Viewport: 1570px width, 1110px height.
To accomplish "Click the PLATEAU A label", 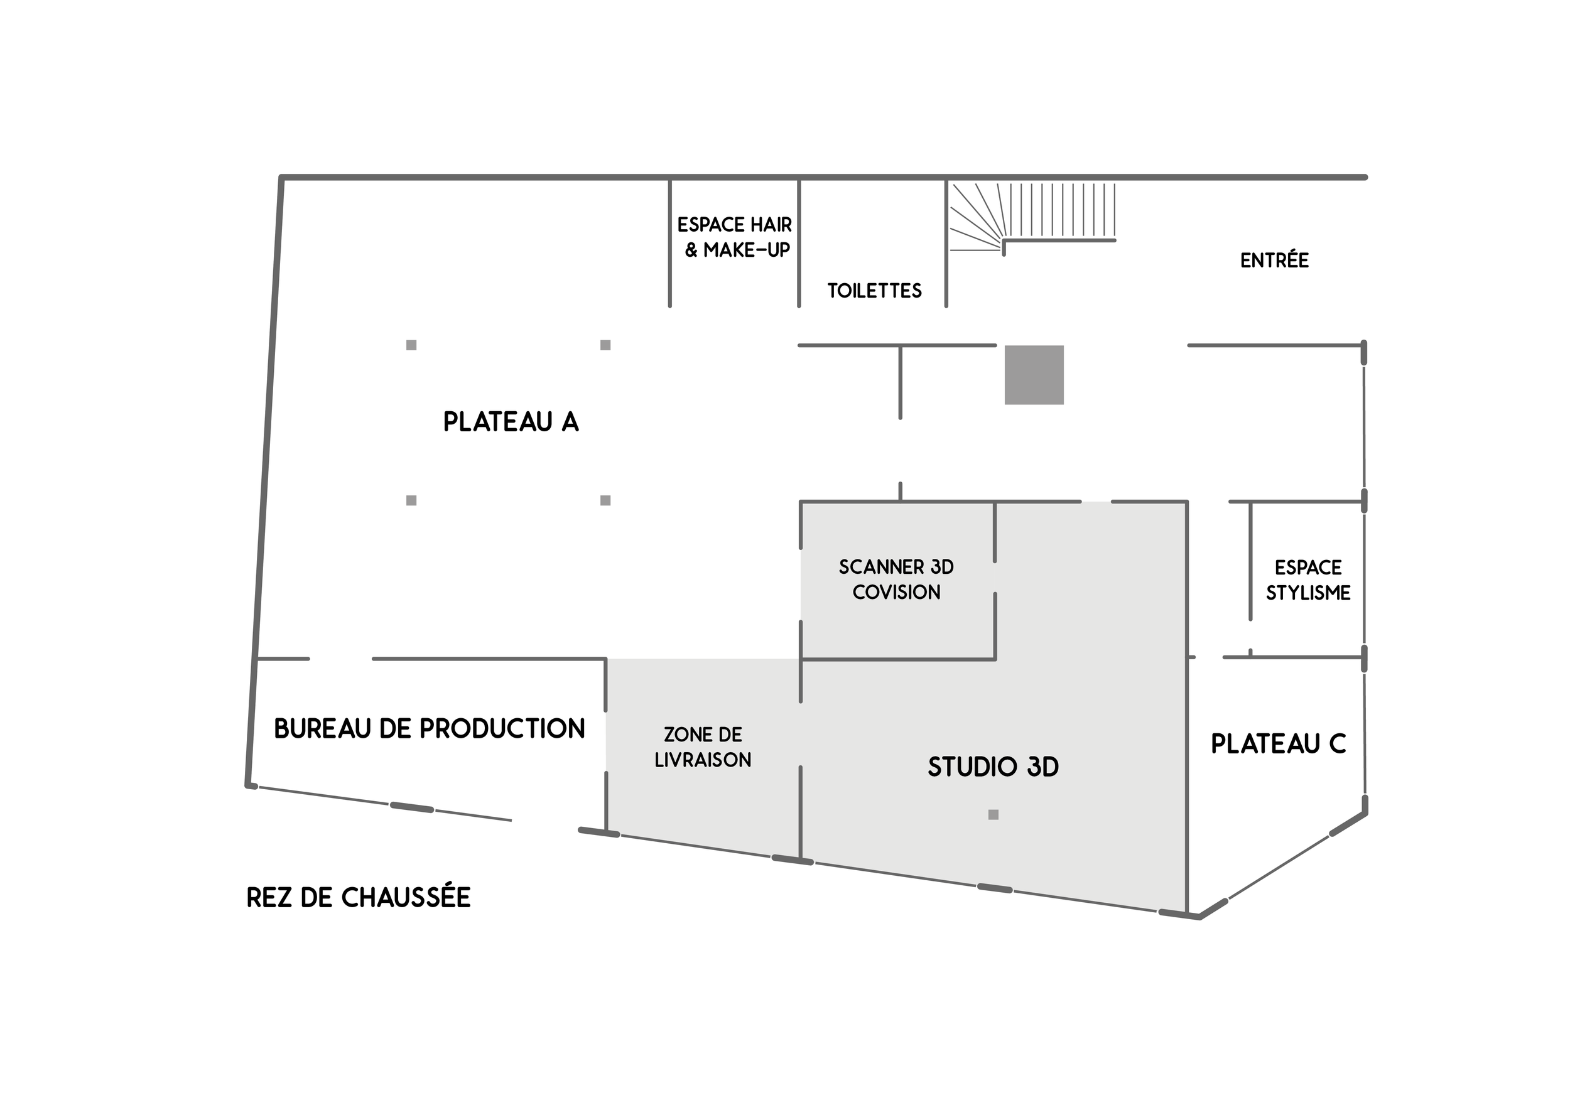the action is coord(511,422).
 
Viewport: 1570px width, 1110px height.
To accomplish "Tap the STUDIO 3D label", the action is coord(993,767).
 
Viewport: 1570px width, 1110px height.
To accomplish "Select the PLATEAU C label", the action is coord(1278,743).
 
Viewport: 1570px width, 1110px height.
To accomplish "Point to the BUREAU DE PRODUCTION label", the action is coord(430,729).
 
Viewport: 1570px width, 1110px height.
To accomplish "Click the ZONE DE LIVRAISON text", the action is coord(703,747).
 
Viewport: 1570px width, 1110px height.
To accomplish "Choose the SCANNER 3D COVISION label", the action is coord(896,579).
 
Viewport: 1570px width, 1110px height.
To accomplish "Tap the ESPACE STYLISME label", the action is coord(1308,580).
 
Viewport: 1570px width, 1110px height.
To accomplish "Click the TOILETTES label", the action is coord(875,291).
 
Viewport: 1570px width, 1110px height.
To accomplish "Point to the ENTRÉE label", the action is coord(1275,261).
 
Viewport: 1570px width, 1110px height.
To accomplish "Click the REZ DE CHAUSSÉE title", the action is coord(359,897).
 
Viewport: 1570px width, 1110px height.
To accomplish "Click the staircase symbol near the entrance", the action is coord(1032,213).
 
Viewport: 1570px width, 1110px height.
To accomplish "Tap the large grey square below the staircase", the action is coord(1034,375).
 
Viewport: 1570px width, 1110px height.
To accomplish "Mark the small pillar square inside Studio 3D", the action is coord(993,814).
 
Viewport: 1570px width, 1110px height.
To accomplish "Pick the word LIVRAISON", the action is coord(703,760).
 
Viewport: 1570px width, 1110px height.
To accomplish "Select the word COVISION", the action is coord(896,592).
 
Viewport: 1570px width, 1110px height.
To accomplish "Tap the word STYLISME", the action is coord(1308,593).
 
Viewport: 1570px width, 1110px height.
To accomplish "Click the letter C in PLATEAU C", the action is coord(1337,743).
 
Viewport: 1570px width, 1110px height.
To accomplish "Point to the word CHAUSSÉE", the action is coord(406,897).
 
